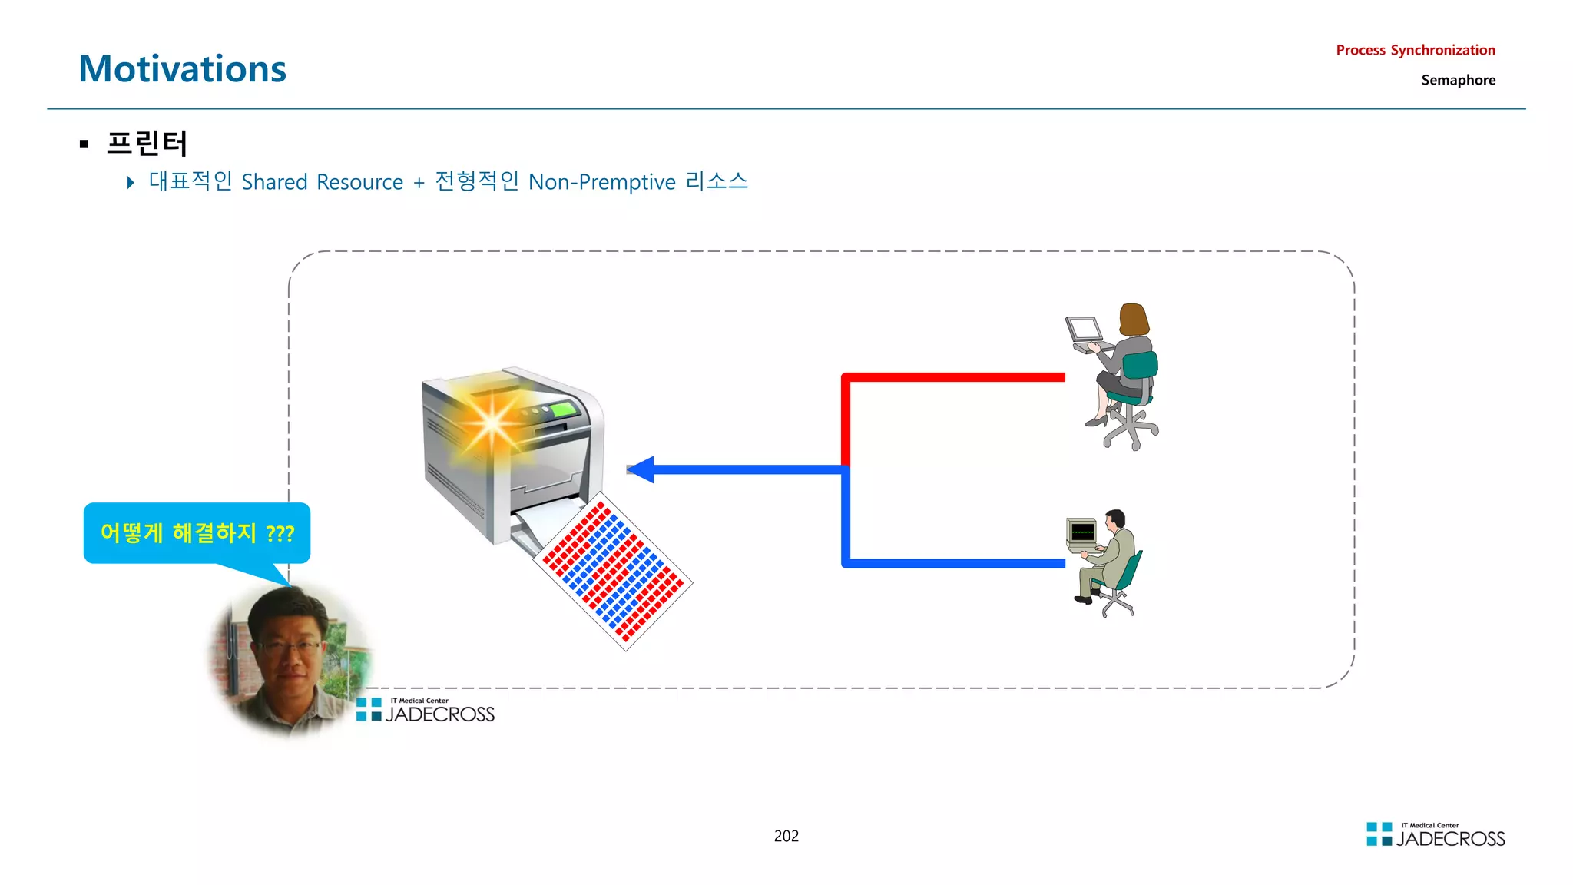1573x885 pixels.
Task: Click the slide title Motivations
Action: pyautogui.click(x=182, y=69)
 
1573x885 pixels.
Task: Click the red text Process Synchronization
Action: pyautogui.click(x=1415, y=50)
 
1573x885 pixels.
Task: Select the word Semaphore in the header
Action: pyautogui.click(x=1458, y=80)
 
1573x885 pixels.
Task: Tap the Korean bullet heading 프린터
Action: pyautogui.click(x=146, y=143)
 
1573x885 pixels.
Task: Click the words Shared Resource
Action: pyautogui.click(x=322, y=182)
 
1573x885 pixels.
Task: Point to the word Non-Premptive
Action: pyautogui.click(x=601, y=182)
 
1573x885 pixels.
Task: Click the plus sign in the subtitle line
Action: pyautogui.click(x=419, y=183)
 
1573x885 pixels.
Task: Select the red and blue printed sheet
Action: pyautogui.click(x=613, y=572)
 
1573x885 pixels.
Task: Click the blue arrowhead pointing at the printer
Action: pyautogui.click(x=641, y=469)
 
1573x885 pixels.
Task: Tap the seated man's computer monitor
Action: pyautogui.click(x=1081, y=532)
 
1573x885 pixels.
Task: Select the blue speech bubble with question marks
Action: pyautogui.click(x=197, y=532)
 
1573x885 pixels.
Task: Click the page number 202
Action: pyautogui.click(x=786, y=836)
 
